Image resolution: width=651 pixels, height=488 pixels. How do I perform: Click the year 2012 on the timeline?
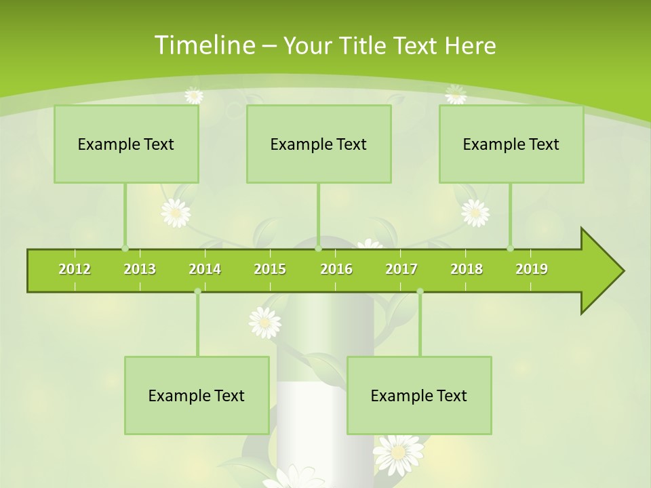75,269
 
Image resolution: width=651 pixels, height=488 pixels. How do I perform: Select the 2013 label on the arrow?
140,269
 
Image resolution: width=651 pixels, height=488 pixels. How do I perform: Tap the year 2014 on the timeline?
205,269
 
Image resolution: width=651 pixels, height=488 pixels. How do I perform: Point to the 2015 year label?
270,269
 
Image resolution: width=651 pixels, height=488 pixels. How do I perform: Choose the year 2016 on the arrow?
336,269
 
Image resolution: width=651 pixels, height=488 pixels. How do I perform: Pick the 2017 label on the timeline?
401,269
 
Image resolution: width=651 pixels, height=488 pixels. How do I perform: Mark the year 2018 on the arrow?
467,269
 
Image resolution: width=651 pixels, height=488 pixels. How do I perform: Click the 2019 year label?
532,269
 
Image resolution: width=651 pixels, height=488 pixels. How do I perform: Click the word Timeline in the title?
203,45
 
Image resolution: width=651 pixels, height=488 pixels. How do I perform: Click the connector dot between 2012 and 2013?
125,249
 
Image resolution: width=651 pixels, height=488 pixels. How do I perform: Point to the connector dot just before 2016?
318,249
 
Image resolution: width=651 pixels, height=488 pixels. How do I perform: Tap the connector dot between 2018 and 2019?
510,249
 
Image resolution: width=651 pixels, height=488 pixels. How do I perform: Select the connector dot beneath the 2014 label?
197,291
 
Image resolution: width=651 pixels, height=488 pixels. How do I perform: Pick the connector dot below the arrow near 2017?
420,291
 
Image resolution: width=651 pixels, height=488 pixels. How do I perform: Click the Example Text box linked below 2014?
197,395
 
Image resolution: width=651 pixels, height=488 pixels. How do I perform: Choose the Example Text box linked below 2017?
419,395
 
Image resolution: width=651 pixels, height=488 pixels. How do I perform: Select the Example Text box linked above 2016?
319,144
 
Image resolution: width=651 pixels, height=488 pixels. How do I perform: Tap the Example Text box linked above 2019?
511,144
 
